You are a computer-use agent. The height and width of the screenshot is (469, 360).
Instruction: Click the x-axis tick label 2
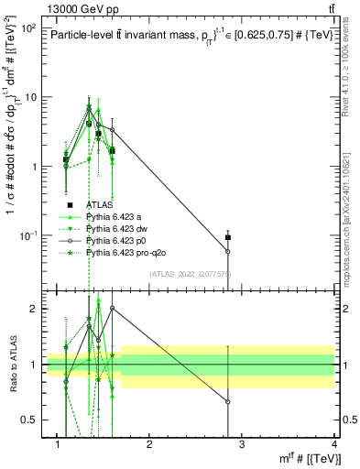pyautogui.click(x=149, y=444)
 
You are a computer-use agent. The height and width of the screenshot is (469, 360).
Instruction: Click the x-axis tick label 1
pyautogui.click(x=58, y=444)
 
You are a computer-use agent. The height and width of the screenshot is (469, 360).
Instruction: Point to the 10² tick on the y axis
pyautogui.click(x=28, y=27)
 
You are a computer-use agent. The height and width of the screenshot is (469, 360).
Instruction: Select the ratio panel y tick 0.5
pyautogui.click(x=30, y=420)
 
